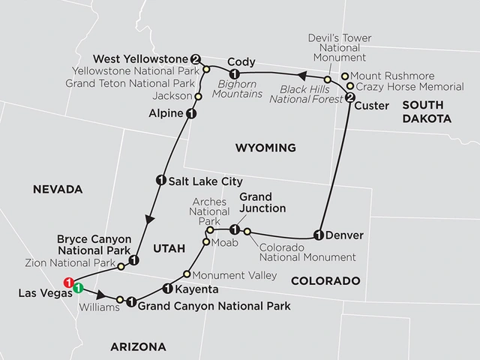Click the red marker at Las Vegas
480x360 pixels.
point(68,283)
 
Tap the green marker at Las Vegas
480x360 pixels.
point(77,287)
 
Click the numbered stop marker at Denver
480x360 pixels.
point(319,235)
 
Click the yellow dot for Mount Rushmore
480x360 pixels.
point(344,76)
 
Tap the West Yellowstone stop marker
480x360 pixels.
point(196,58)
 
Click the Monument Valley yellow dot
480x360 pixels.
point(187,274)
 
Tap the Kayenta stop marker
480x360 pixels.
point(166,288)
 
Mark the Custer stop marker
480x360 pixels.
point(349,96)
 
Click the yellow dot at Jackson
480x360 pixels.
point(199,96)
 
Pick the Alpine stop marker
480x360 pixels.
point(190,114)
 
